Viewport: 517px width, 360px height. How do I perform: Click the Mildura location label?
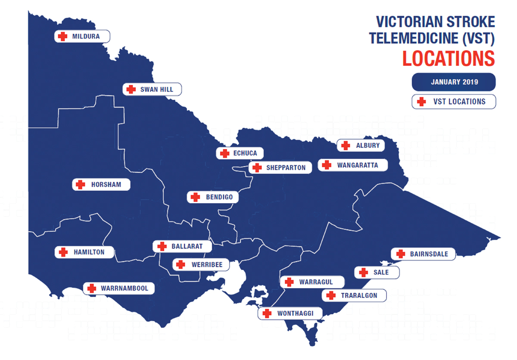coord(82,37)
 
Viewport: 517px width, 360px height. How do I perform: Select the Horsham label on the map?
coord(101,185)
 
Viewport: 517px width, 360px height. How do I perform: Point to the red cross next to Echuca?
coord(224,153)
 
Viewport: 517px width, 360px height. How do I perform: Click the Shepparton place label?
coord(280,168)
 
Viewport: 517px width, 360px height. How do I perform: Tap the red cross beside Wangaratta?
coord(327,165)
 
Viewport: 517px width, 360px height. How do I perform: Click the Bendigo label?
coord(212,197)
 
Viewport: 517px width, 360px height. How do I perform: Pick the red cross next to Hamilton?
coord(63,252)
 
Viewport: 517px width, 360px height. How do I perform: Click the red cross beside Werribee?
coord(181,264)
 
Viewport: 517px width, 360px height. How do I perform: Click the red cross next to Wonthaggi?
coord(267,313)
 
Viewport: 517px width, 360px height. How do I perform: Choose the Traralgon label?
coord(354,295)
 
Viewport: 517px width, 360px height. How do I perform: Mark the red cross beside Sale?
coord(363,272)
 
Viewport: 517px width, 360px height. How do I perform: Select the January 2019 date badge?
coord(454,82)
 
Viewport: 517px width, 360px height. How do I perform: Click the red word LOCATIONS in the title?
coord(448,59)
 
